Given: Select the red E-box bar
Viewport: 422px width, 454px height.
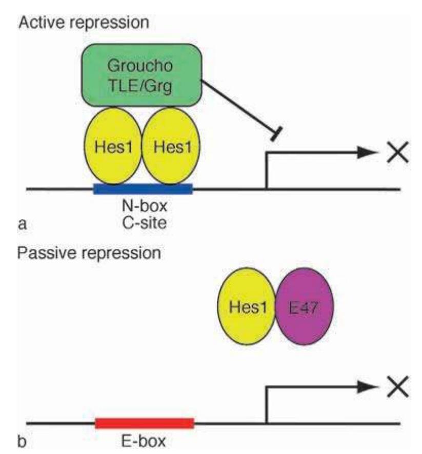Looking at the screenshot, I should click(145, 423).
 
